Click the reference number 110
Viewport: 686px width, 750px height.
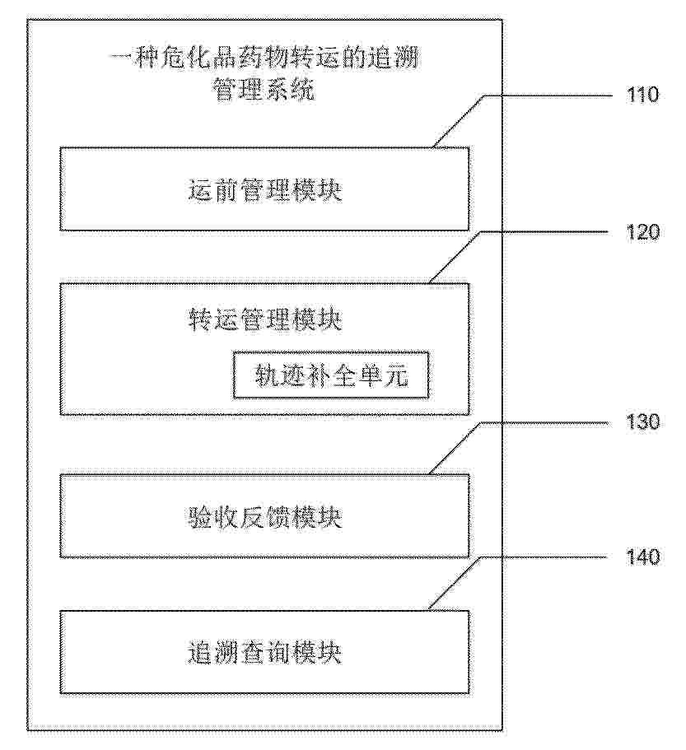click(x=642, y=95)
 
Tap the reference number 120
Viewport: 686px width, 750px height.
click(x=642, y=232)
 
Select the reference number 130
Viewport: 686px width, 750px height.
click(x=642, y=422)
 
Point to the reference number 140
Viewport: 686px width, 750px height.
click(x=642, y=557)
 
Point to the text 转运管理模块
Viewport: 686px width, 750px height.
click(x=264, y=319)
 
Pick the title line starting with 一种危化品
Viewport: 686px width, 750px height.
click(x=264, y=58)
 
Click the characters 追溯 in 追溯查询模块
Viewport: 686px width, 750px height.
click(x=212, y=652)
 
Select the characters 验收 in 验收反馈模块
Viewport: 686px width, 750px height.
click(x=212, y=517)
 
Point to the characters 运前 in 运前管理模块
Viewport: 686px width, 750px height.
click(x=212, y=190)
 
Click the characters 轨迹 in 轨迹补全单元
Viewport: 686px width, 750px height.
click(x=280, y=376)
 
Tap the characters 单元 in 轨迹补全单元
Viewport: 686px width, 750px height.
click(x=384, y=376)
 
